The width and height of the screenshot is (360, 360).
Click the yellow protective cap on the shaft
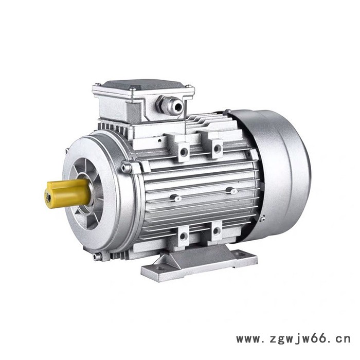click(68, 193)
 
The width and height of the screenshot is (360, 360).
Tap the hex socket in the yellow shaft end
click(48, 198)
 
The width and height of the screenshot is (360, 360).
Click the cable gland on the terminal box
click(170, 105)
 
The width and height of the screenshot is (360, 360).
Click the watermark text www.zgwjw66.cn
click(293, 338)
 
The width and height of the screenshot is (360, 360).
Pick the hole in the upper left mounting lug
click(183, 152)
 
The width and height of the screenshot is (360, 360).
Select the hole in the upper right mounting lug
click(217, 149)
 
